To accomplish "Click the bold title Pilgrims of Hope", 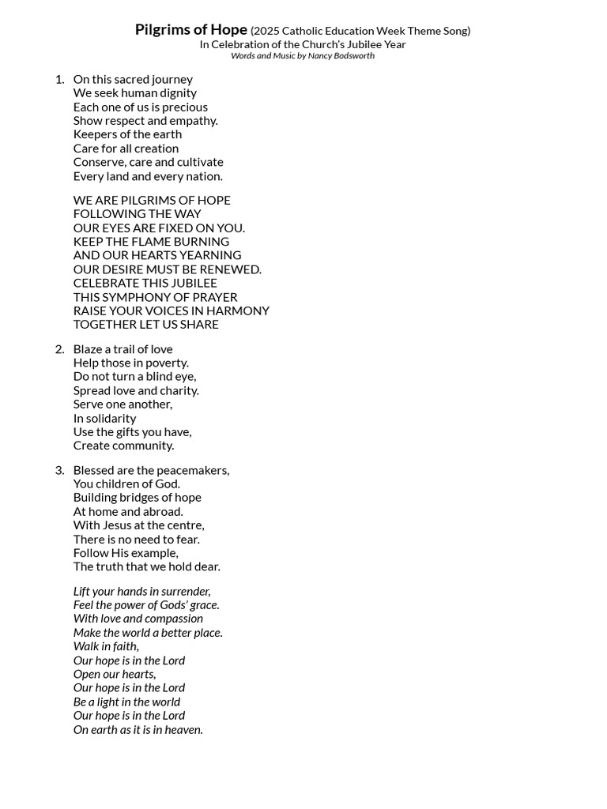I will coord(190,30).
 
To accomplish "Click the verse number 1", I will coord(59,79).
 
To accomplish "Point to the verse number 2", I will coord(59,349).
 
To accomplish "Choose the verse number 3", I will coord(59,470).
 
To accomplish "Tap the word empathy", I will coord(193,121).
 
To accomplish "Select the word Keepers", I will coord(96,134).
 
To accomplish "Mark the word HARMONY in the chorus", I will coord(237,310).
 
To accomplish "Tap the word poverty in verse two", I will coord(166,363).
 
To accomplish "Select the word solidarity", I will coord(111,418).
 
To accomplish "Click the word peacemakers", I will coord(193,470).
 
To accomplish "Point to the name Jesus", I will coord(119,525).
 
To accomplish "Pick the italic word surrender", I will coord(185,591).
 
